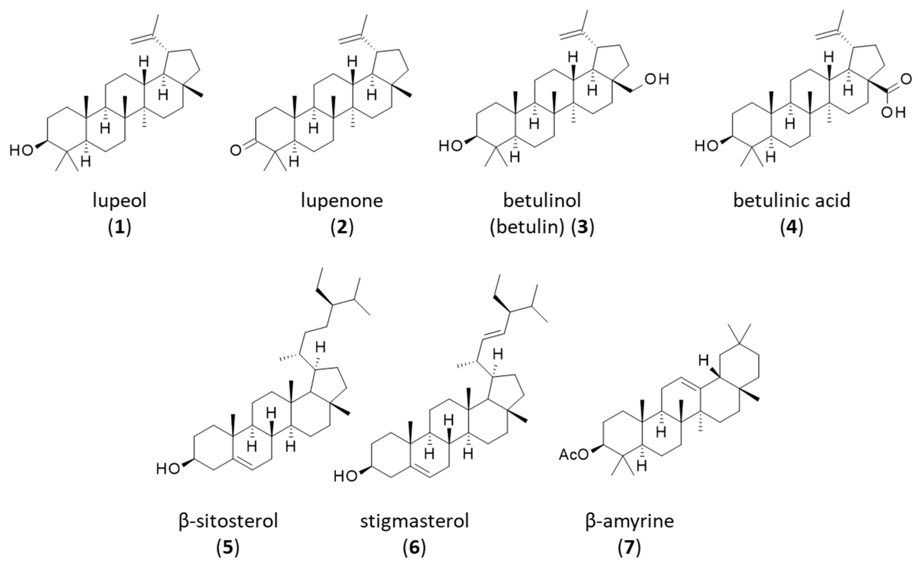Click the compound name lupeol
click(x=119, y=201)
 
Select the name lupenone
click(x=342, y=201)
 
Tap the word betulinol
click(x=542, y=201)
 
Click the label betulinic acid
click(x=792, y=201)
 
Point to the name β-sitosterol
click(x=228, y=521)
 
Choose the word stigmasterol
click(x=414, y=521)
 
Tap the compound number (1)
click(x=119, y=227)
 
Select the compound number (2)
click(x=342, y=227)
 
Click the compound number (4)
click(x=792, y=227)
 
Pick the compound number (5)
click(x=228, y=548)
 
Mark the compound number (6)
click(x=414, y=548)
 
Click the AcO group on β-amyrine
click(x=574, y=455)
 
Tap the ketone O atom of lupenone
click(x=236, y=151)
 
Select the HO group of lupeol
click(x=21, y=150)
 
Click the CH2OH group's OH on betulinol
click(x=657, y=79)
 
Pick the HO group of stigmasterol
click(x=345, y=476)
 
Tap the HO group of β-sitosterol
click(x=168, y=469)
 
